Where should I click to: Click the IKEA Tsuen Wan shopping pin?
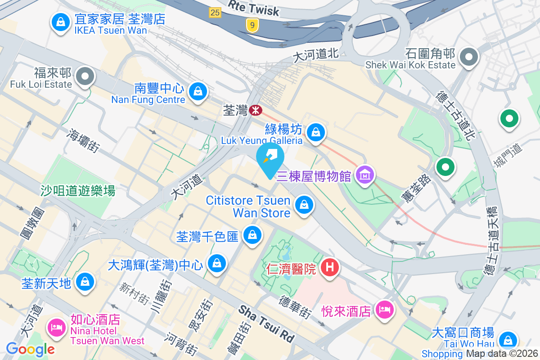(x=59, y=21)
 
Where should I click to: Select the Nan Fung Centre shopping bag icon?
(x=197, y=91)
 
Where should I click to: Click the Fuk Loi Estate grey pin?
(x=85, y=76)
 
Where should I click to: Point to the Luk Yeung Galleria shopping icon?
(x=316, y=132)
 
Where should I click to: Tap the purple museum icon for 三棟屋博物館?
(x=365, y=174)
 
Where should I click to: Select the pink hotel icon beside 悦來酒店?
(x=384, y=309)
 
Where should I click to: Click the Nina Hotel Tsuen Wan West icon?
(x=56, y=326)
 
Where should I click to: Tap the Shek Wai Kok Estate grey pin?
(x=469, y=57)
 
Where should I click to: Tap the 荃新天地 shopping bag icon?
(x=84, y=282)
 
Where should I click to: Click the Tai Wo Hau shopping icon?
(x=507, y=340)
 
